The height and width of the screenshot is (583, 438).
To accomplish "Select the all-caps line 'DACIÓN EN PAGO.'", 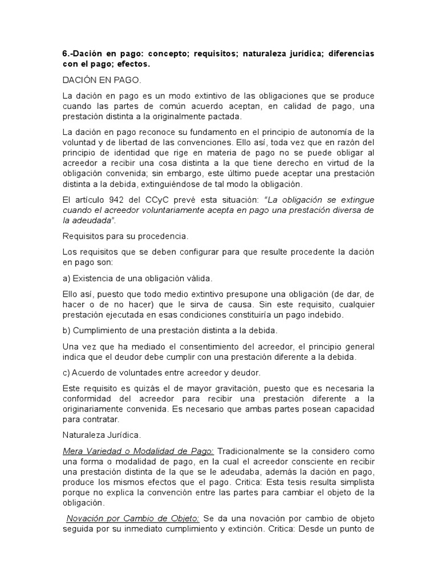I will coord(100,80).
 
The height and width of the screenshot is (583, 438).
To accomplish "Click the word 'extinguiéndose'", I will coord(165,184).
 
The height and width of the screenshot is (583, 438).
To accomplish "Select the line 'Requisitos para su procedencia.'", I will coord(124,236).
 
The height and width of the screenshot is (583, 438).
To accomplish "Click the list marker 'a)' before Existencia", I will coord(66,278).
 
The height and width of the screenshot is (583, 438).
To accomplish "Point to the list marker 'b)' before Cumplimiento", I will coord(66,331).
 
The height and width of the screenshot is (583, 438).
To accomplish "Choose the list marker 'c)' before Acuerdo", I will coord(66,373).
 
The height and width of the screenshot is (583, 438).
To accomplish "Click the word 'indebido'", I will coord(341,315).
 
